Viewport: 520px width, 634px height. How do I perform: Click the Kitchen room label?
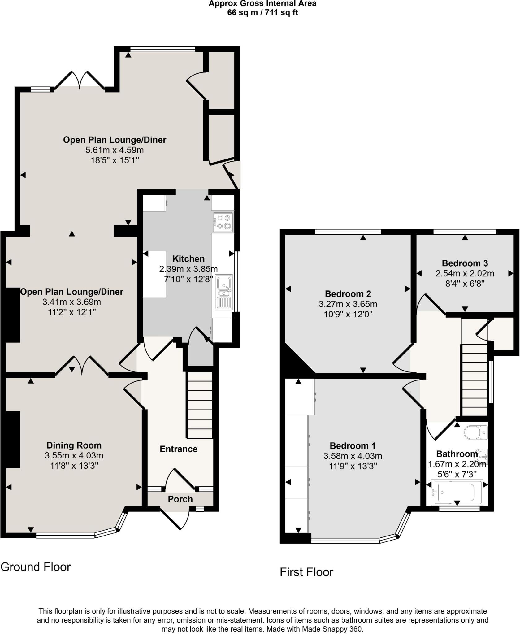click(x=188, y=259)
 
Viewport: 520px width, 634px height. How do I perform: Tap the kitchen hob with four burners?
click(x=223, y=222)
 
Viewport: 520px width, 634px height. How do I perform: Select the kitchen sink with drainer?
click(x=224, y=292)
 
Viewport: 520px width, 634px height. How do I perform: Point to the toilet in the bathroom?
click(x=476, y=432)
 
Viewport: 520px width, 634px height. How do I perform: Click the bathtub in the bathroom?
click(x=457, y=492)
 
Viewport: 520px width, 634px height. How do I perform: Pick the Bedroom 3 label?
click(x=465, y=263)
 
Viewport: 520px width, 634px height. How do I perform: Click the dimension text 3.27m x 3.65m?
click(x=348, y=304)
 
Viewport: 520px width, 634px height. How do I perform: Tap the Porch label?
click(x=180, y=499)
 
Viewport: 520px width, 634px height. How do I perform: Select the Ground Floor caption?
click(x=36, y=567)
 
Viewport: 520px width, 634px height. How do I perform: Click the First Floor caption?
click(x=306, y=572)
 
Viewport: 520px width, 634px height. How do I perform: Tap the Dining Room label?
click(x=74, y=445)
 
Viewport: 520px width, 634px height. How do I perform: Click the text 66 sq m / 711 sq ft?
click(x=262, y=13)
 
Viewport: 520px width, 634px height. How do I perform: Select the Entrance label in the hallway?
click(x=178, y=449)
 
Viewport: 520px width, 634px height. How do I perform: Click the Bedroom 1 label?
click(x=353, y=446)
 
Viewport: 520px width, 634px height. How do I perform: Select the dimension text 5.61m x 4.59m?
click(x=115, y=150)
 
